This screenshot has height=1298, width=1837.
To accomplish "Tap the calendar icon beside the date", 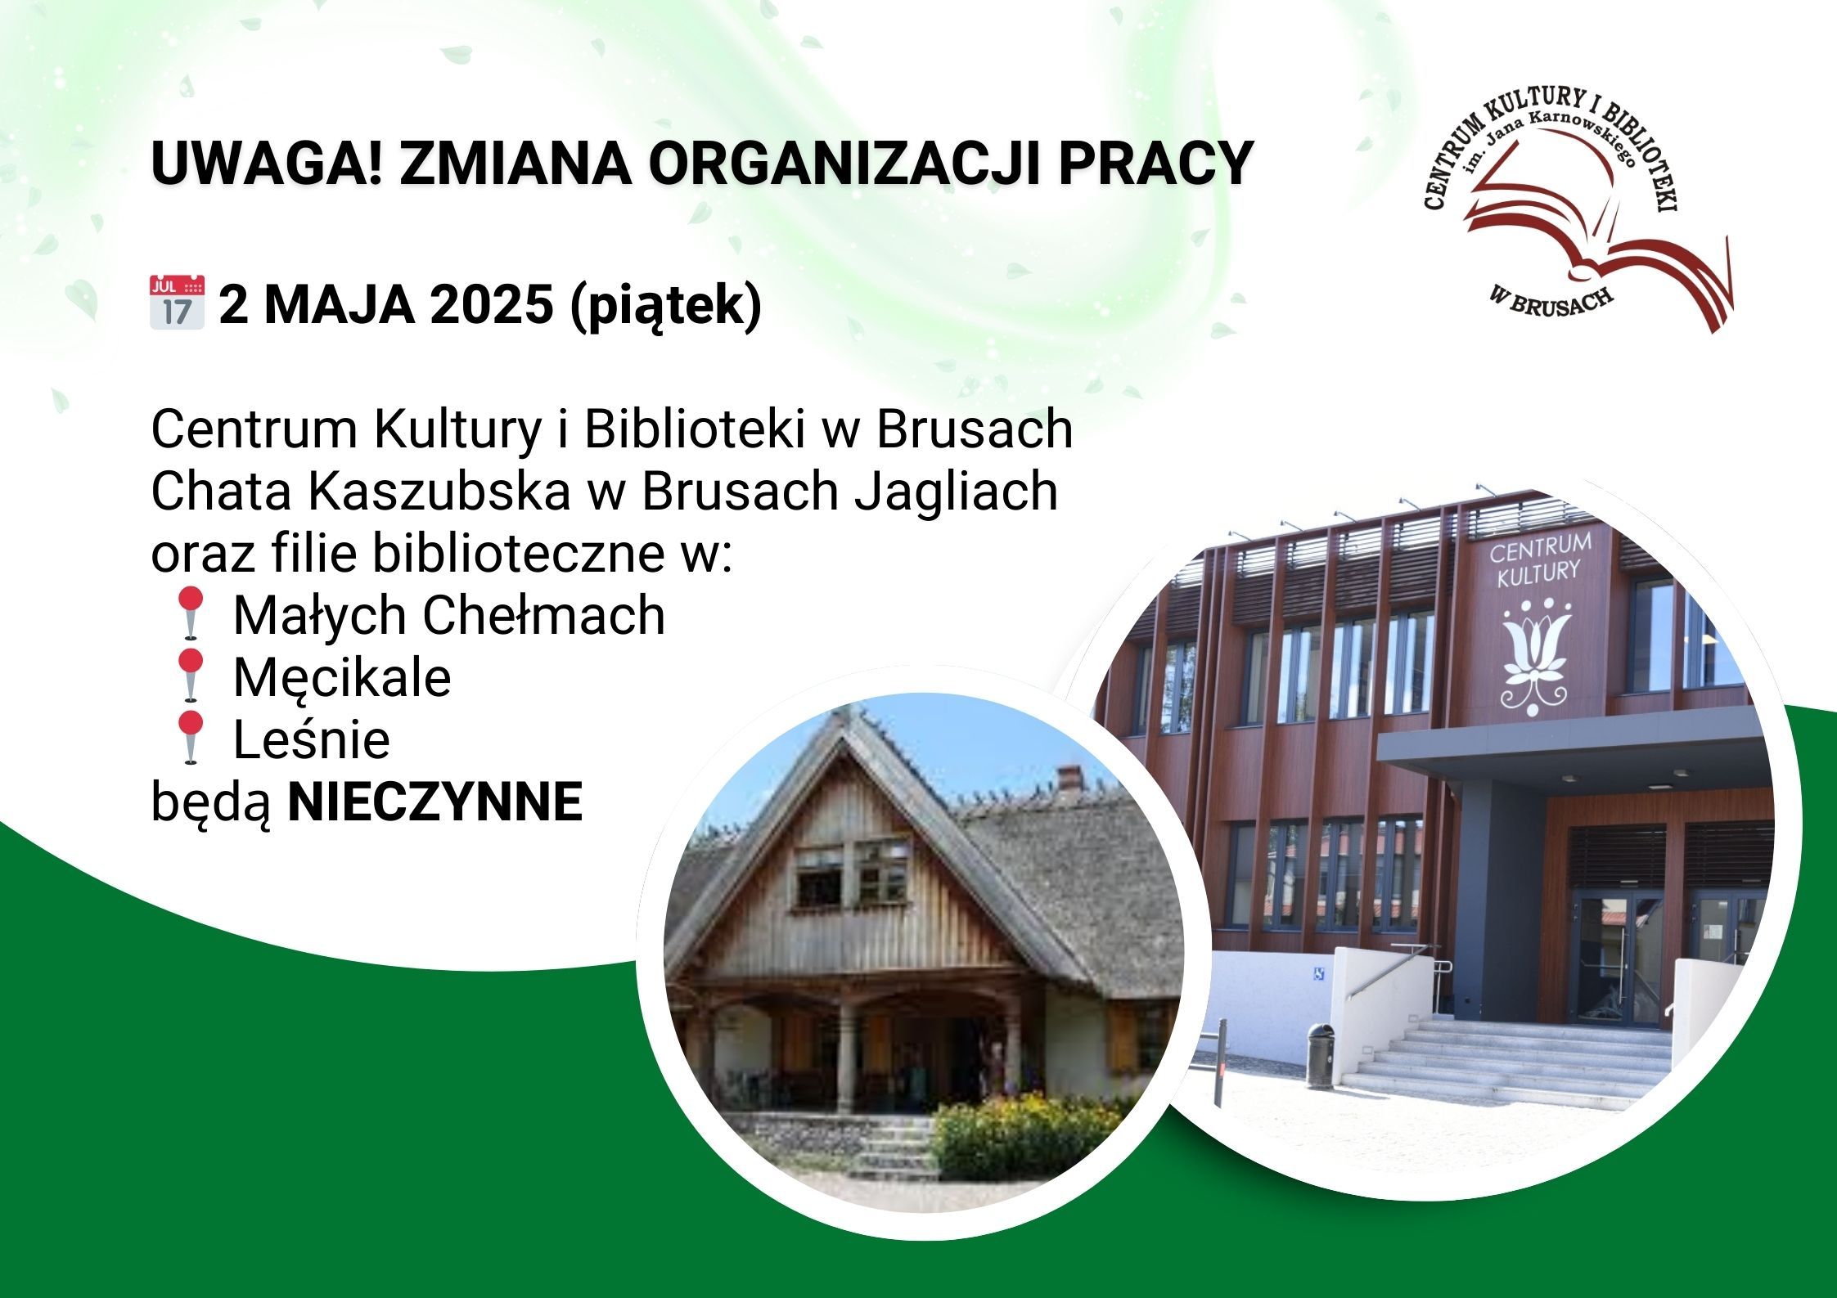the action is (177, 303).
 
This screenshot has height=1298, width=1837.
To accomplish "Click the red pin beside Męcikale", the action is (191, 677).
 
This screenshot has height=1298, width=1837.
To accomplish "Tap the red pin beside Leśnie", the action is (191, 739).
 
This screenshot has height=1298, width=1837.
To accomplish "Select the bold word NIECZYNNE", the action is (435, 802).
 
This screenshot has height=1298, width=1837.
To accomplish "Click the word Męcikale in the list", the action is (342, 678).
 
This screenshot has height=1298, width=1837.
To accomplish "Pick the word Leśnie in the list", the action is (312, 739).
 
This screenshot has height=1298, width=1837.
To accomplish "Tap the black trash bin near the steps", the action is (1319, 1056).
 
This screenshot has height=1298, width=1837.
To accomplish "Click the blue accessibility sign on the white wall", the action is (1319, 973).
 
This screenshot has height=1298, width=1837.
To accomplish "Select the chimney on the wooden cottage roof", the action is (1069, 778).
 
